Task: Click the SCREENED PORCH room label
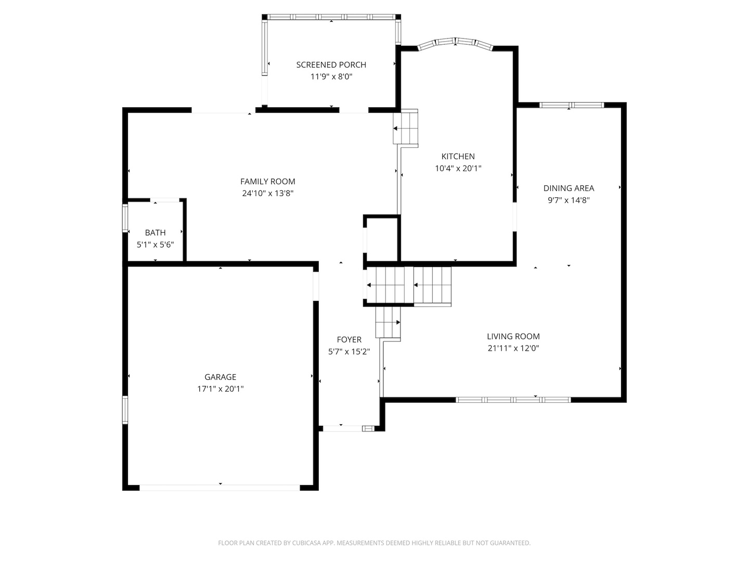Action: (331, 65)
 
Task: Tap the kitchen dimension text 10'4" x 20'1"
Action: (458, 168)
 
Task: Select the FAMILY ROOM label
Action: (267, 182)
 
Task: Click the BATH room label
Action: (155, 233)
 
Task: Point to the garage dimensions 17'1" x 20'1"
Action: (220, 389)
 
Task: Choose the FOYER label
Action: (348, 340)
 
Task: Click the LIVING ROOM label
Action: (513, 337)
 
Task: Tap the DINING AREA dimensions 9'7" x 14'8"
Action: (568, 200)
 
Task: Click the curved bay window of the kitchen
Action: (456, 43)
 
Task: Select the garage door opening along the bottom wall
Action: (219, 488)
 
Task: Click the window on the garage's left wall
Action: (125, 410)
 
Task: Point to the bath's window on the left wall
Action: (125, 218)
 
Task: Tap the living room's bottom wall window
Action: (513, 400)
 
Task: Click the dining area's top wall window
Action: (571, 105)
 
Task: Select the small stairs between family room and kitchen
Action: (406, 128)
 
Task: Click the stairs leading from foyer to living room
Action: (388, 322)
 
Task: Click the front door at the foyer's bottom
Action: (342, 428)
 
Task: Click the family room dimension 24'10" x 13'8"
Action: (267, 193)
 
